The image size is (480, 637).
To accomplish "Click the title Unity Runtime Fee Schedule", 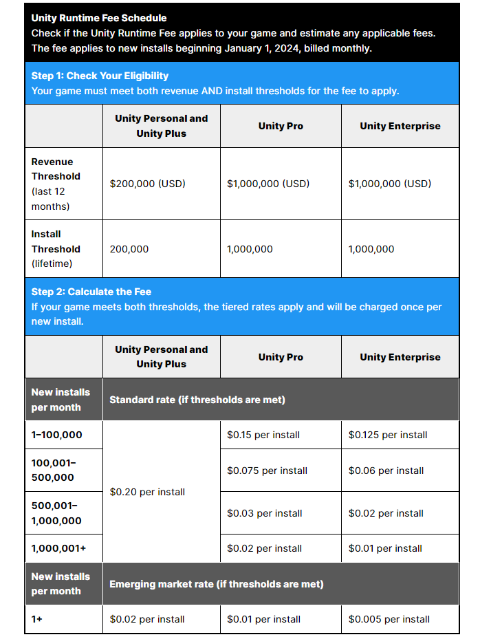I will click(x=99, y=18).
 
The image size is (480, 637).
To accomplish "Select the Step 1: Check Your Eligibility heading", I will click(x=100, y=76).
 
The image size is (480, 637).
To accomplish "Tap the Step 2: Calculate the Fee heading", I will click(x=91, y=292).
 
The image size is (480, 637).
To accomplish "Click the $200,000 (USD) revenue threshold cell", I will click(x=148, y=184).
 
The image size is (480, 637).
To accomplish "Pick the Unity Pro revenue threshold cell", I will click(x=268, y=184).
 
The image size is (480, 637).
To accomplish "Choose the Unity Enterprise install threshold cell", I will click(x=371, y=249).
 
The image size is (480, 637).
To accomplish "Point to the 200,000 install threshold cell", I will click(x=129, y=249).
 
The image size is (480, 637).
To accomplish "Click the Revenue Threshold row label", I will click(x=56, y=184).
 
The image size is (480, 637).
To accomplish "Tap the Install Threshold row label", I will click(x=56, y=249).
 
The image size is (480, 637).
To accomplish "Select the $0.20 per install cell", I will click(x=147, y=492).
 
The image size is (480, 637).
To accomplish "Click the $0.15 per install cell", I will click(x=263, y=435).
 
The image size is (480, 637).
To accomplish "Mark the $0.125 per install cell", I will click(x=388, y=435).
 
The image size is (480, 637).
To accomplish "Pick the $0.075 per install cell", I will click(x=267, y=471).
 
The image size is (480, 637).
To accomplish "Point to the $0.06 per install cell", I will click(x=386, y=471).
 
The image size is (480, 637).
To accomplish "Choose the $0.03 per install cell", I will click(x=264, y=513).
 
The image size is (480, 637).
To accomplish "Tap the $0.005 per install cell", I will click(x=389, y=619).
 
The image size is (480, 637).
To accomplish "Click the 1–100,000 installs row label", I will click(x=57, y=435).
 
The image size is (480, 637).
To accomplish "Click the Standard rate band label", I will click(x=197, y=400).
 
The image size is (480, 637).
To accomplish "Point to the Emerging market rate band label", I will click(x=217, y=584).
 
